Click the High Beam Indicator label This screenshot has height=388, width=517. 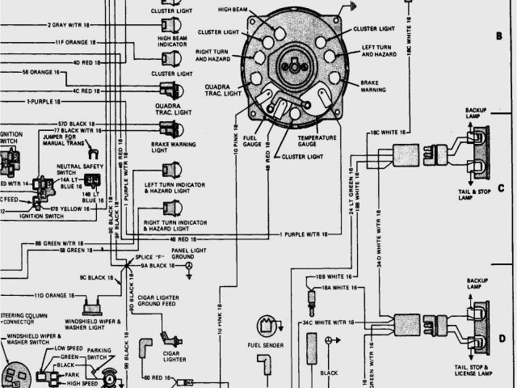(x=172, y=42)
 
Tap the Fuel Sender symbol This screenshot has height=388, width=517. (x=266, y=326)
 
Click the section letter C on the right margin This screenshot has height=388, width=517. (x=501, y=188)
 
